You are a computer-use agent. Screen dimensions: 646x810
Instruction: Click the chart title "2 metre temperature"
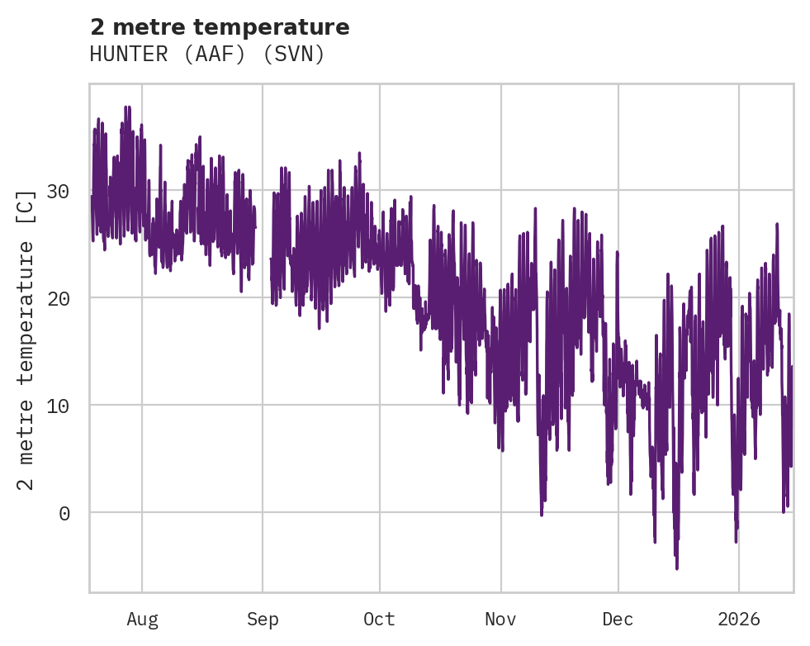point(220,27)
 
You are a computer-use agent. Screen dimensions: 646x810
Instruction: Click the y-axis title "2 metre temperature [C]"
point(26,339)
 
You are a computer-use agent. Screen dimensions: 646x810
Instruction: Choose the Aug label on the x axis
point(142,620)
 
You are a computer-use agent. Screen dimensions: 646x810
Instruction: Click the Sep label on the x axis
point(263,620)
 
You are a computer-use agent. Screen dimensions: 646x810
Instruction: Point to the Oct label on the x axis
point(380,620)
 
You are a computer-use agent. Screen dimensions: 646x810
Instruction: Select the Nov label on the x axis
point(500,620)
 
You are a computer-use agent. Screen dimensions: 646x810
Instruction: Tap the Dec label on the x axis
point(618,620)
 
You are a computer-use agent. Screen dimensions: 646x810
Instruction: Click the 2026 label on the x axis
point(739,620)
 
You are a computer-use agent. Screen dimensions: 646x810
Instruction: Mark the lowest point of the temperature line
point(677,568)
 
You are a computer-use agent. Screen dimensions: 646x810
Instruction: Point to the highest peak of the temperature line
point(126,107)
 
